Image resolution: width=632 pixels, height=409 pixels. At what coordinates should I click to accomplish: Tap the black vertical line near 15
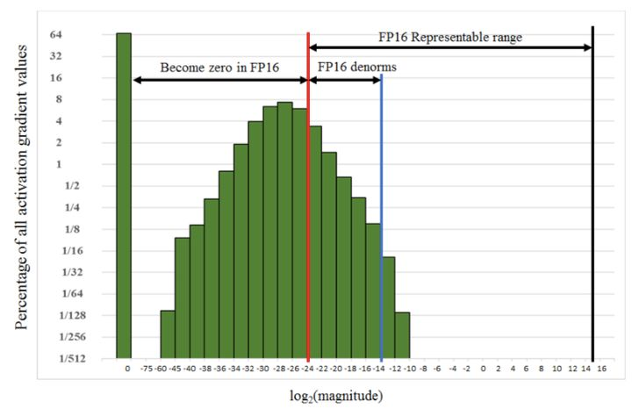click(x=593, y=192)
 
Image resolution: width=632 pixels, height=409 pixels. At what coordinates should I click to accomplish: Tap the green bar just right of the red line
click(x=316, y=242)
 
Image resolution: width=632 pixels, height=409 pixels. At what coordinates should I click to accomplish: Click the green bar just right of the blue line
click(x=389, y=307)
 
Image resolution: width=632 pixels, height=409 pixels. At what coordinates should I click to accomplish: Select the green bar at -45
click(x=182, y=298)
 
